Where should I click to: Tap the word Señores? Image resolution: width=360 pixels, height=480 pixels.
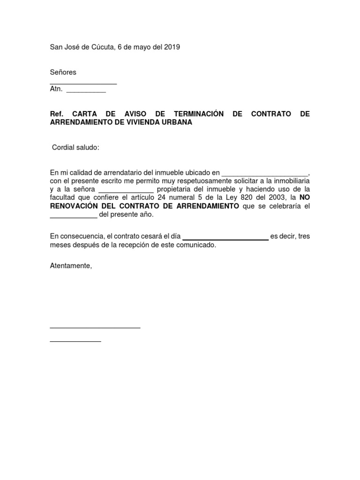tap(63, 72)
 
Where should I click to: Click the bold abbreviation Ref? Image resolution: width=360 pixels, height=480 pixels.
tap(57, 114)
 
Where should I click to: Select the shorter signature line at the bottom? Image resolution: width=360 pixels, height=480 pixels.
tap(75, 341)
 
